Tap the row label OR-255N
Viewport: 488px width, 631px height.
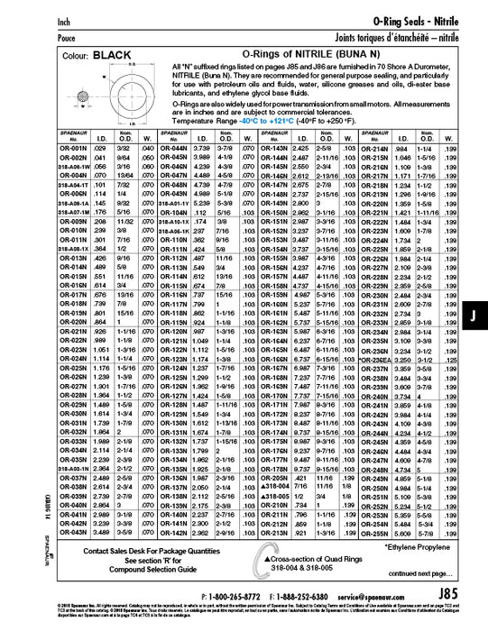coord(374,532)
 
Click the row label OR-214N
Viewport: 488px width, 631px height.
coord(374,147)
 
